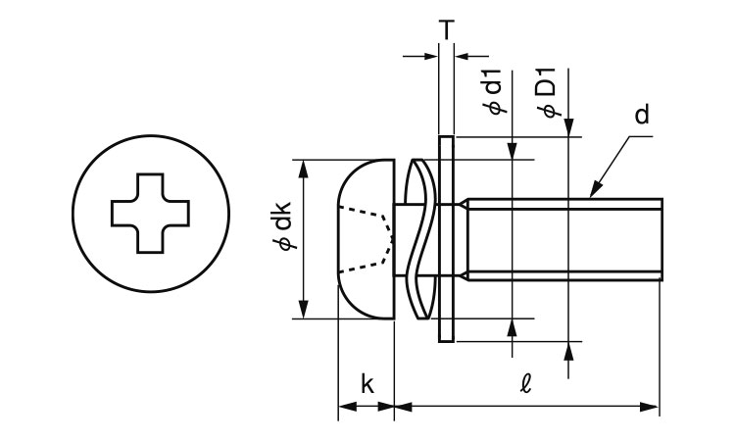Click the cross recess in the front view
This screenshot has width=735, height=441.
click(x=153, y=214)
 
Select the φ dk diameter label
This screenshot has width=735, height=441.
click(x=281, y=238)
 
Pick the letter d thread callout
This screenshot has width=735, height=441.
click(x=641, y=116)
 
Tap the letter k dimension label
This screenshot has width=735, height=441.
click(x=367, y=384)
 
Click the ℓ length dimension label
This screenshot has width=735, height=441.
click(x=526, y=384)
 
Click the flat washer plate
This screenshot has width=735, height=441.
click(x=446, y=239)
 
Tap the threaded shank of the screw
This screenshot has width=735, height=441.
click(x=563, y=239)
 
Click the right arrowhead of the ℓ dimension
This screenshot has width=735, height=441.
click(x=652, y=405)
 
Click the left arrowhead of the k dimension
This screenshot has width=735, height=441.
click(x=345, y=405)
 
